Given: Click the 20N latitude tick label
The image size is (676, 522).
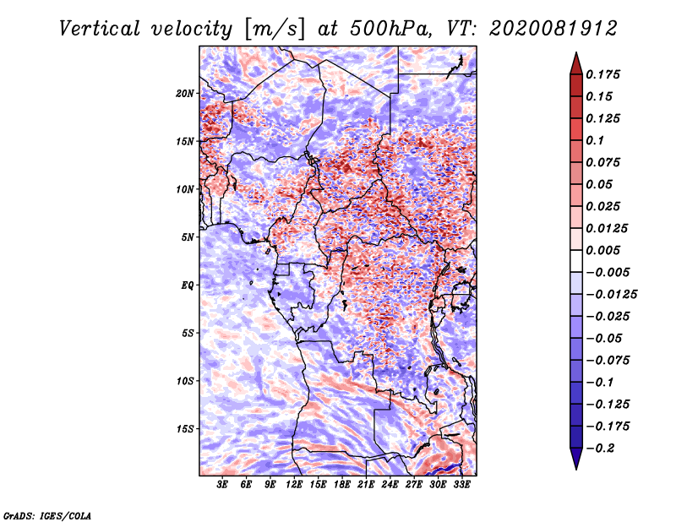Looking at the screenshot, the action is point(185,94).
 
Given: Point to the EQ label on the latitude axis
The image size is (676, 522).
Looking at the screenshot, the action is point(187,285).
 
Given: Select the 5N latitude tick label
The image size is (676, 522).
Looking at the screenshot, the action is point(188,237).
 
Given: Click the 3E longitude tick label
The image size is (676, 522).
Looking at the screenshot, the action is point(222,485).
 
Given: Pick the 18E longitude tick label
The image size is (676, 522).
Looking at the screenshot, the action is point(342,485).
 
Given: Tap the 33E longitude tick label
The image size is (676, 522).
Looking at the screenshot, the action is point(461,485).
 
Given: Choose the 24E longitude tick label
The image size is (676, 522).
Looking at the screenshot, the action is point(390,485).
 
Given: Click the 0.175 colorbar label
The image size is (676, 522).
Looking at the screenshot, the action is point(602,74).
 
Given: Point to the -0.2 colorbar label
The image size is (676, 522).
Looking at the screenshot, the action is point(600,449).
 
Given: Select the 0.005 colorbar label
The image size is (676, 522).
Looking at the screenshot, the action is point(602,250).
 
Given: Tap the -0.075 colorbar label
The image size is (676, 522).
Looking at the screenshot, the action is point(608,361).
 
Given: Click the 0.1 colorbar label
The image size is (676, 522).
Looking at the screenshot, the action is point(595,140).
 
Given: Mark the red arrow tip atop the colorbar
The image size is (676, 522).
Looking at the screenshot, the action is point(576,52).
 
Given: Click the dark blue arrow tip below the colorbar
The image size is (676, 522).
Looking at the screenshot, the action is point(576,469).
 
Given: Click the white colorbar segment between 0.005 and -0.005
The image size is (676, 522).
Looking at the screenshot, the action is point(576,261).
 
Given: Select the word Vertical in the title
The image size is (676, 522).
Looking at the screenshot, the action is point(100,29).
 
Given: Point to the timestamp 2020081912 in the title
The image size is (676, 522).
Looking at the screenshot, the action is point(553,29).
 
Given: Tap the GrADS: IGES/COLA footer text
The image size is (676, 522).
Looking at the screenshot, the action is point(47,515).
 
